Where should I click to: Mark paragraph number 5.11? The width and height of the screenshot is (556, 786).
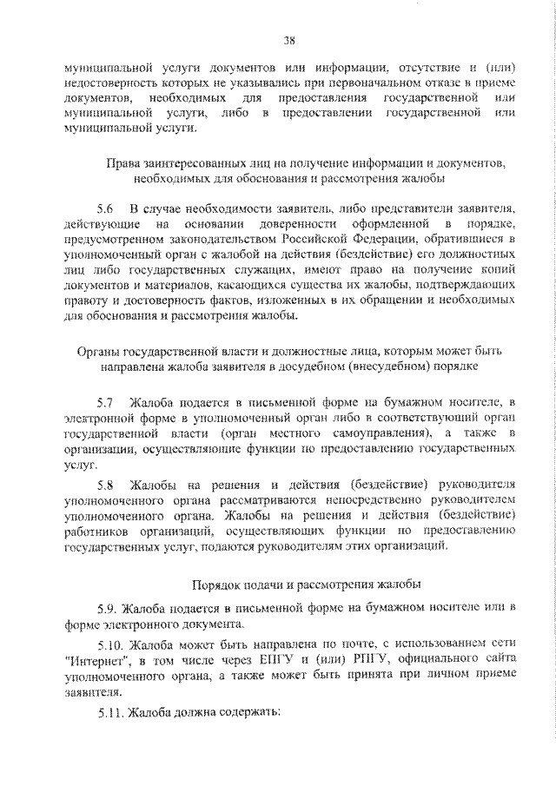click(110, 713)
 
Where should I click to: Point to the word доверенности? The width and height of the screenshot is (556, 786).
click(264, 223)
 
